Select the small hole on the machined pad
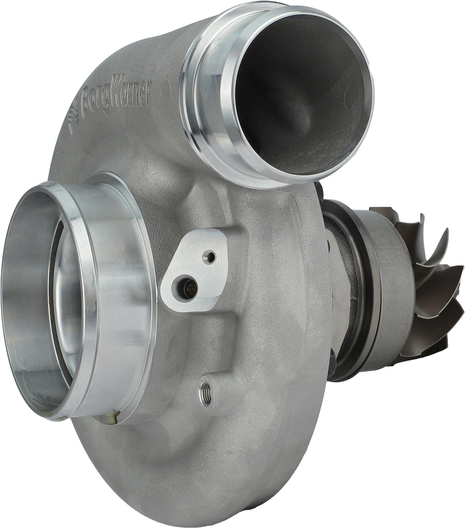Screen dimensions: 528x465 [209, 256]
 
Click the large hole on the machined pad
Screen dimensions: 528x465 [186, 288]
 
